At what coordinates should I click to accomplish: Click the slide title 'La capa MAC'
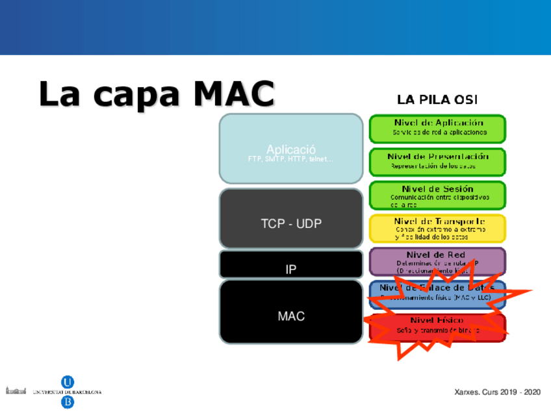156,94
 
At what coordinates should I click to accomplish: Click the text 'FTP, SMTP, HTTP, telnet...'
290,159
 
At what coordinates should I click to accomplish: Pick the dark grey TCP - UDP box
290,219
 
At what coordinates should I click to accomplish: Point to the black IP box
290,265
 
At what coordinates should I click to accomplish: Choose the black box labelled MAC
290,312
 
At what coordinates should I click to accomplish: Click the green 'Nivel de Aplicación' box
437,128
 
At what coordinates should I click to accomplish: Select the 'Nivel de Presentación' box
437,161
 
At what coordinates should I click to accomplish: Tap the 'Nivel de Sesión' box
437,195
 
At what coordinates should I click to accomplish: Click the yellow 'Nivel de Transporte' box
437,229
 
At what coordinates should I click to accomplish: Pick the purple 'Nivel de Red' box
437,261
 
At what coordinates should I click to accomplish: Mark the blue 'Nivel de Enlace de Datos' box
437,293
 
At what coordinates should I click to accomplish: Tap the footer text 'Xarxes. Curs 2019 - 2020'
497,393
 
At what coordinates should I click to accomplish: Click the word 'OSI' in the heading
465,99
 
